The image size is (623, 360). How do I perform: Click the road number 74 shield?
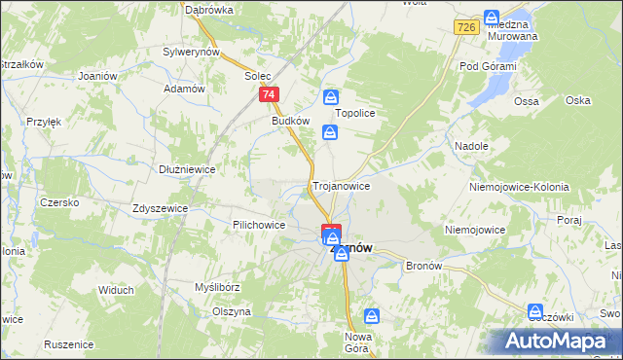270,94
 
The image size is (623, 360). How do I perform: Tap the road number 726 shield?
465,28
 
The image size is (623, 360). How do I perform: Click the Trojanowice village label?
341,185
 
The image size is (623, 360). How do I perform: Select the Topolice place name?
355,113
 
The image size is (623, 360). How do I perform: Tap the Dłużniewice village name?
187,168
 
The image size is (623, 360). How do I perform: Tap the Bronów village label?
423,266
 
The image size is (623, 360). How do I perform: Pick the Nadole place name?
471,145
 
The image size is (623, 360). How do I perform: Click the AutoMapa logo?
556,342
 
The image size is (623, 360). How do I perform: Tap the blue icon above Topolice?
331,96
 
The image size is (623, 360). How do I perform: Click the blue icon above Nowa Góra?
372,315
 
